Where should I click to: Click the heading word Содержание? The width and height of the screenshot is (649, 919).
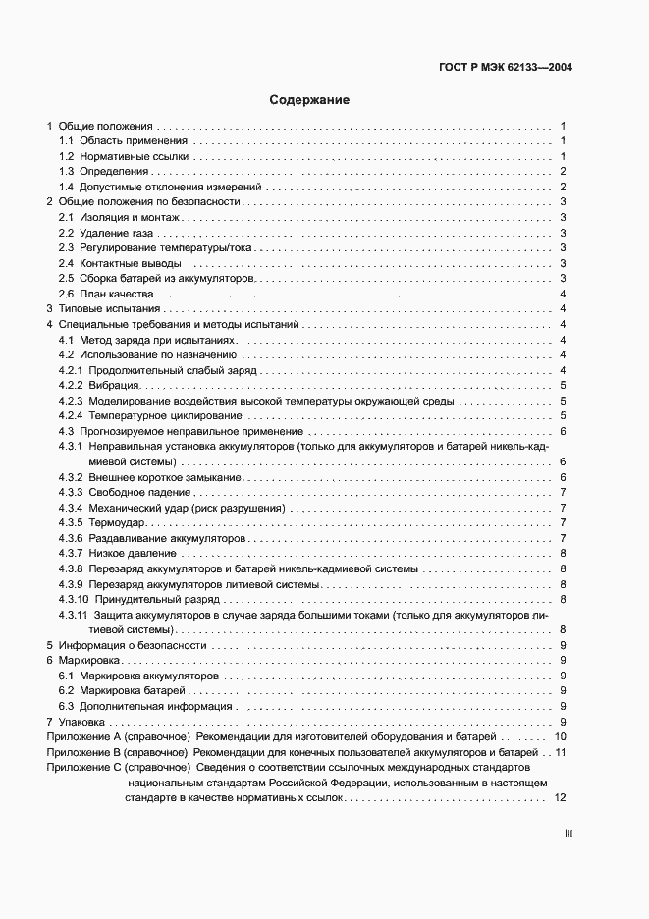point(309,100)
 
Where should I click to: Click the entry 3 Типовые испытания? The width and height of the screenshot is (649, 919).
point(96,309)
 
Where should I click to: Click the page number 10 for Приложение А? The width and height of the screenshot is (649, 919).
point(560,736)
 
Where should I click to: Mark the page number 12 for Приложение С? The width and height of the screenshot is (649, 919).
point(560,798)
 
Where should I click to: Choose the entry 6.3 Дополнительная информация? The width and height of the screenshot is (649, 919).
point(145,706)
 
